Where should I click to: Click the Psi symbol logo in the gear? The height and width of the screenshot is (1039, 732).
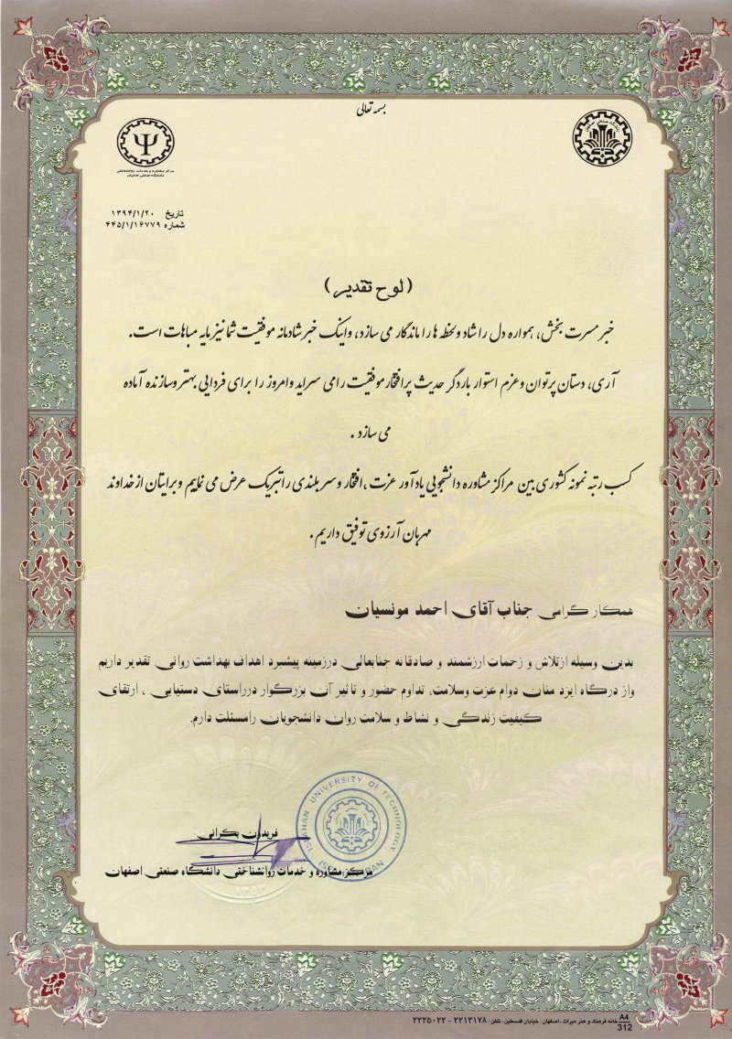click(146, 142)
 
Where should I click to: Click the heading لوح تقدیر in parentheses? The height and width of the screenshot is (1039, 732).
click(365, 286)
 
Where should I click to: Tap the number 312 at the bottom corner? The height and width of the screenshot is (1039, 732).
click(625, 1027)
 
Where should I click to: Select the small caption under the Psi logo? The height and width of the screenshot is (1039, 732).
click(147, 173)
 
